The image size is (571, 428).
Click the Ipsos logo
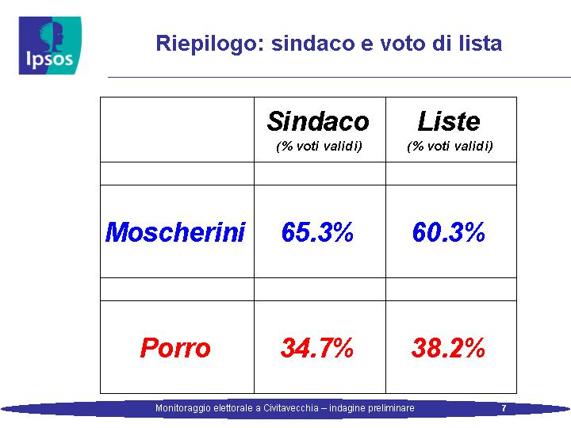[50, 45]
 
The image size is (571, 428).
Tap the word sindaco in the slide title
[312, 43]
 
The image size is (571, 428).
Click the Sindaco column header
[318, 121]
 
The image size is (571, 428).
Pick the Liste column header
[449, 121]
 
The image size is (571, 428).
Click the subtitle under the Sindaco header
[319, 147]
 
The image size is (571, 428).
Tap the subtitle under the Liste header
[450, 147]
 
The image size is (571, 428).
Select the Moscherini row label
[175, 232]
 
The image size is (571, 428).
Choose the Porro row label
[175, 348]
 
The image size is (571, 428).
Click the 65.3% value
[317, 232]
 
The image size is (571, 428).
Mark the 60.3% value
[449, 232]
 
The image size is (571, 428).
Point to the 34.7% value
[317, 348]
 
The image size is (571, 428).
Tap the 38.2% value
[448, 348]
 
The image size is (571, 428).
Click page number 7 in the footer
[504, 408]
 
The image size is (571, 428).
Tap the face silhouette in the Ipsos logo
[54, 35]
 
